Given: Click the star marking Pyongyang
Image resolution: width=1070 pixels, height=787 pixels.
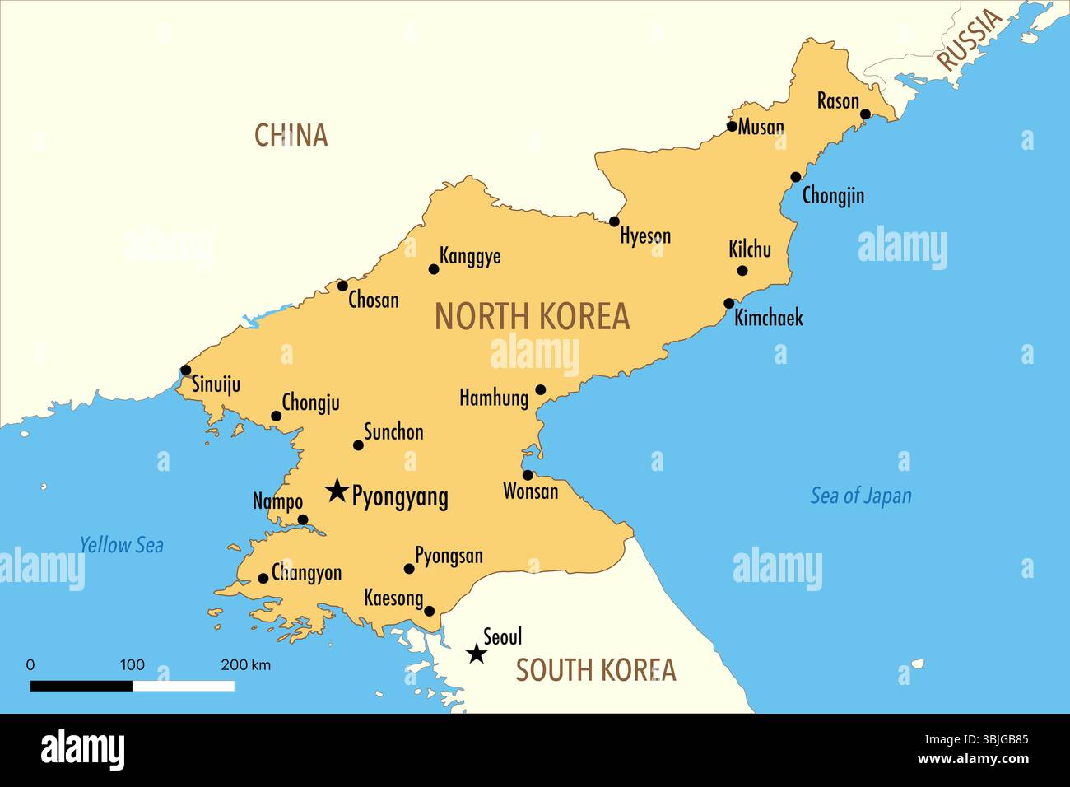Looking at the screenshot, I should point(336,491).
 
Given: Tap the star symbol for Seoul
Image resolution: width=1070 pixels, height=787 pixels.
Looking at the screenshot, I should point(476,654).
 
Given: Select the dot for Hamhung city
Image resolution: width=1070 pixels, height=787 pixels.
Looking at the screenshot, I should point(541,390).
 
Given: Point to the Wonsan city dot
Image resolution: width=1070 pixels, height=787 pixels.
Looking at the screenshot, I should point(528,475).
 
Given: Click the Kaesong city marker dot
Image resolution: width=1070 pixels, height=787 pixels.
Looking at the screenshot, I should point(429,611).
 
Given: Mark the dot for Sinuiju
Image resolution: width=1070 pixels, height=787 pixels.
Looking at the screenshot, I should point(186,370).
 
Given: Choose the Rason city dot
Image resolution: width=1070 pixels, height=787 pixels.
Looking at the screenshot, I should point(865,114).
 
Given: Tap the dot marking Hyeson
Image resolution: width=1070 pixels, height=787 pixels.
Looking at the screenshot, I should point(614,221).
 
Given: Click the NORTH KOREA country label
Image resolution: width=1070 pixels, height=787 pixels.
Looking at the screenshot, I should point(532,317).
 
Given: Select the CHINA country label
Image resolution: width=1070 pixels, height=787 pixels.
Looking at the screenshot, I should point(291,135).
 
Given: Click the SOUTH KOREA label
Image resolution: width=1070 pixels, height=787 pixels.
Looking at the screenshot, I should point(595,670).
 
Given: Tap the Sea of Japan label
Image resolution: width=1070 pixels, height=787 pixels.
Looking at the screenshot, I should point(861,496).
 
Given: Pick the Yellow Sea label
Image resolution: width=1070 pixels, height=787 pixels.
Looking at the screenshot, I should point(121,545).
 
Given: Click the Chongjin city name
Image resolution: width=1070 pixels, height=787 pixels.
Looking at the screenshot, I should point(833,196).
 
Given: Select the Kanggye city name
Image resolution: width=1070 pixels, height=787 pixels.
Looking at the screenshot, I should point(470,256).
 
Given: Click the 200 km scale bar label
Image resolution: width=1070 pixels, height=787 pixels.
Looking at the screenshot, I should point(245,665).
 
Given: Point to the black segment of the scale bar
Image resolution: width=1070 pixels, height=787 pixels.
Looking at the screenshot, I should point(81,686).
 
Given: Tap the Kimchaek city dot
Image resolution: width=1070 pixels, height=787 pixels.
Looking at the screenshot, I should point(729,304).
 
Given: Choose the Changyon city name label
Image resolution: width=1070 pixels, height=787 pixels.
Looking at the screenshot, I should point(306,573).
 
